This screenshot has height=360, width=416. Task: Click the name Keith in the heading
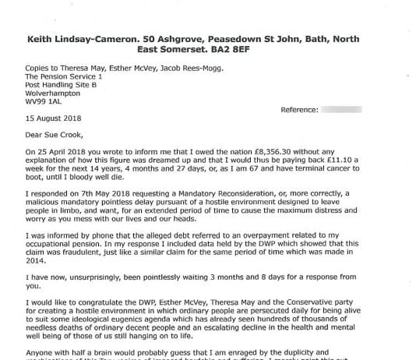(44, 36)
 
